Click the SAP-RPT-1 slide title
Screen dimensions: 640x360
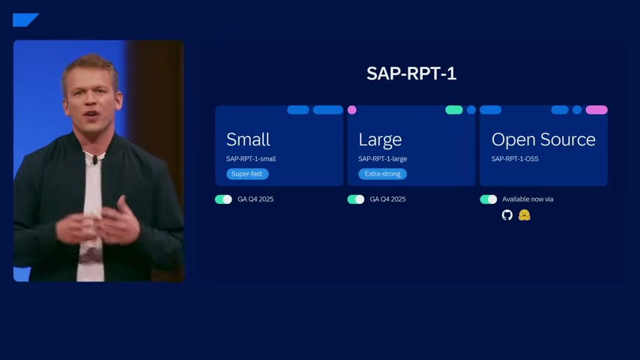pyautogui.click(x=411, y=73)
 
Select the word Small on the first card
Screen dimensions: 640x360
pyautogui.click(x=248, y=139)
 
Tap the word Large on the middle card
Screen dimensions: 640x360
pyautogui.click(x=380, y=140)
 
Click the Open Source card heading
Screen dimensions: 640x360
pyautogui.click(x=543, y=139)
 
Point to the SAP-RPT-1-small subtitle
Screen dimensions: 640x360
pyautogui.click(x=251, y=158)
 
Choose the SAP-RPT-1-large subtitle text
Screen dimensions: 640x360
pyautogui.click(x=382, y=158)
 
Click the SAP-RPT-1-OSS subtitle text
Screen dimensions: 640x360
pyautogui.click(x=515, y=158)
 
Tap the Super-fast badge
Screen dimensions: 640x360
pyautogui.click(x=247, y=174)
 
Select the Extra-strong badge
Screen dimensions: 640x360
pyautogui.click(x=382, y=174)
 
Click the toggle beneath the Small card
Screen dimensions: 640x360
pyautogui.click(x=223, y=199)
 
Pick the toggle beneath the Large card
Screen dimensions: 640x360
pyautogui.click(x=355, y=199)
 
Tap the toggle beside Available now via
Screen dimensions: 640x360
pyautogui.click(x=488, y=199)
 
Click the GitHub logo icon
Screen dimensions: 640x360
pyautogui.click(x=507, y=215)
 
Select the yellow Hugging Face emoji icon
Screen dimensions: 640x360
pyautogui.click(x=524, y=215)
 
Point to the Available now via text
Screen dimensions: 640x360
pyautogui.click(x=528, y=199)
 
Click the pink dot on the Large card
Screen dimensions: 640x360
pyautogui.click(x=351, y=109)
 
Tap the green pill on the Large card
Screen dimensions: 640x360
pyautogui.click(x=454, y=109)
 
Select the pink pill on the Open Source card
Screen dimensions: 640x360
pyautogui.click(x=597, y=109)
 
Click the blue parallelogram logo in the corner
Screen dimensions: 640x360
pyautogui.click(x=25, y=20)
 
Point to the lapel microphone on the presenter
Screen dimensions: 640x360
pyautogui.click(x=94, y=160)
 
